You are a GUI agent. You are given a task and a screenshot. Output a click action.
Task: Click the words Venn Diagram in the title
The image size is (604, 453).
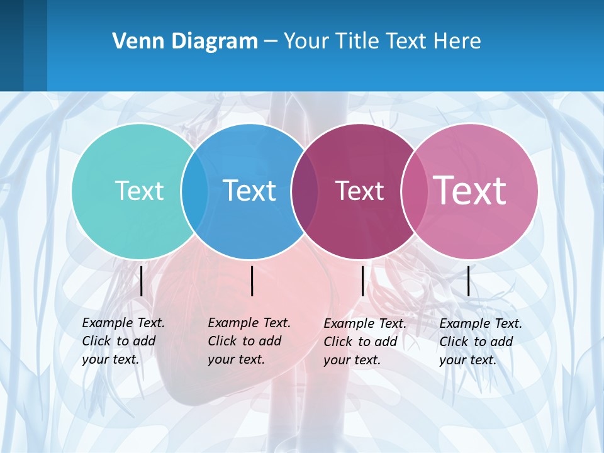pyautogui.click(x=185, y=41)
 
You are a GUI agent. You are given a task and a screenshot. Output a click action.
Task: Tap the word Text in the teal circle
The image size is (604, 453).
pyautogui.click(x=139, y=191)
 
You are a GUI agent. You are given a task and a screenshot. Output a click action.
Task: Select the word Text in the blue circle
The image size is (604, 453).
pyautogui.click(x=249, y=191)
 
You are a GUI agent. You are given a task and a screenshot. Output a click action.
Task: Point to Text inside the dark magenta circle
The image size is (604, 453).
pyautogui.click(x=359, y=191)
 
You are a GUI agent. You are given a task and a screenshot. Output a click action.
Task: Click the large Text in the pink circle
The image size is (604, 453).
pyautogui.click(x=469, y=190)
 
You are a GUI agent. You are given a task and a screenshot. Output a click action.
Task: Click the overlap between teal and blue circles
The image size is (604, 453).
pyautogui.click(x=194, y=191)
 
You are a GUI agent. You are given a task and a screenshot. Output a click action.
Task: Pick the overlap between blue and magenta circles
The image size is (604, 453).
pyautogui.click(x=305, y=191)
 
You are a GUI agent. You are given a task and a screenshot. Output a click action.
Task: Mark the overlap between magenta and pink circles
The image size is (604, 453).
pyautogui.click(x=414, y=191)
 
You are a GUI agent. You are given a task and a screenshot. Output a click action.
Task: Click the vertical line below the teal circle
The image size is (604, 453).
pyautogui.click(x=142, y=281)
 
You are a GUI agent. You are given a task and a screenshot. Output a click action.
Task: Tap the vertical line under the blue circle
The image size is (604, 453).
pyautogui.click(x=252, y=281)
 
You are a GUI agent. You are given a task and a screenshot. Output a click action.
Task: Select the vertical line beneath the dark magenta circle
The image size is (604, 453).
pyautogui.click(x=363, y=281)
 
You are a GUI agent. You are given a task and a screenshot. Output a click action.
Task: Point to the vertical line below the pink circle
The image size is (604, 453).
pyautogui.click(x=469, y=281)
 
